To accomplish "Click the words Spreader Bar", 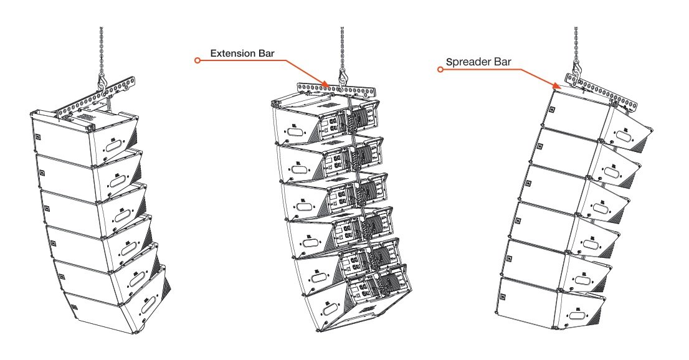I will point(477,63).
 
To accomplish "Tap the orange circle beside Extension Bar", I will point(197,60).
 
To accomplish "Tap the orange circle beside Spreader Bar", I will point(440,70).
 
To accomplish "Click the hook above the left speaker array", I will point(101,80).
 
